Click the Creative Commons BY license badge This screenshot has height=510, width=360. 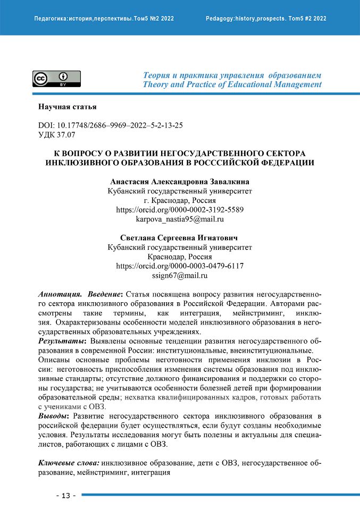pyautogui.click(x=56, y=78)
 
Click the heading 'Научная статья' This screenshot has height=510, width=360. pyautogui.click(x=67, y=107)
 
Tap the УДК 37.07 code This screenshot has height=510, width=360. pyautogui.click(x=58, y=135)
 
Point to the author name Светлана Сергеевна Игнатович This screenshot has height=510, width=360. pyautogui.click(x=180, y=237)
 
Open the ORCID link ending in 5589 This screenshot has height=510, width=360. pyautogui.click(x=180, y=209)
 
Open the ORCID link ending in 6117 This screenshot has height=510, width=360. pyautogui.click(x=180, y=266)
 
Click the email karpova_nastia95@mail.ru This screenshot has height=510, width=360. pyautogui.click(x=180, y=219)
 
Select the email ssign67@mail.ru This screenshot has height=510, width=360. pyautogui.click(x=180, y=275)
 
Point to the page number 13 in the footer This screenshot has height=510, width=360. pyautogui.click(x=66, y=496)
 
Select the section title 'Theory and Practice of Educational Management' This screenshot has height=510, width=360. pyautogui.click(x=232, y=84)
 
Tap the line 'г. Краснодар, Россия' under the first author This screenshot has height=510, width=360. pyautogui.click(x=180, y=200)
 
